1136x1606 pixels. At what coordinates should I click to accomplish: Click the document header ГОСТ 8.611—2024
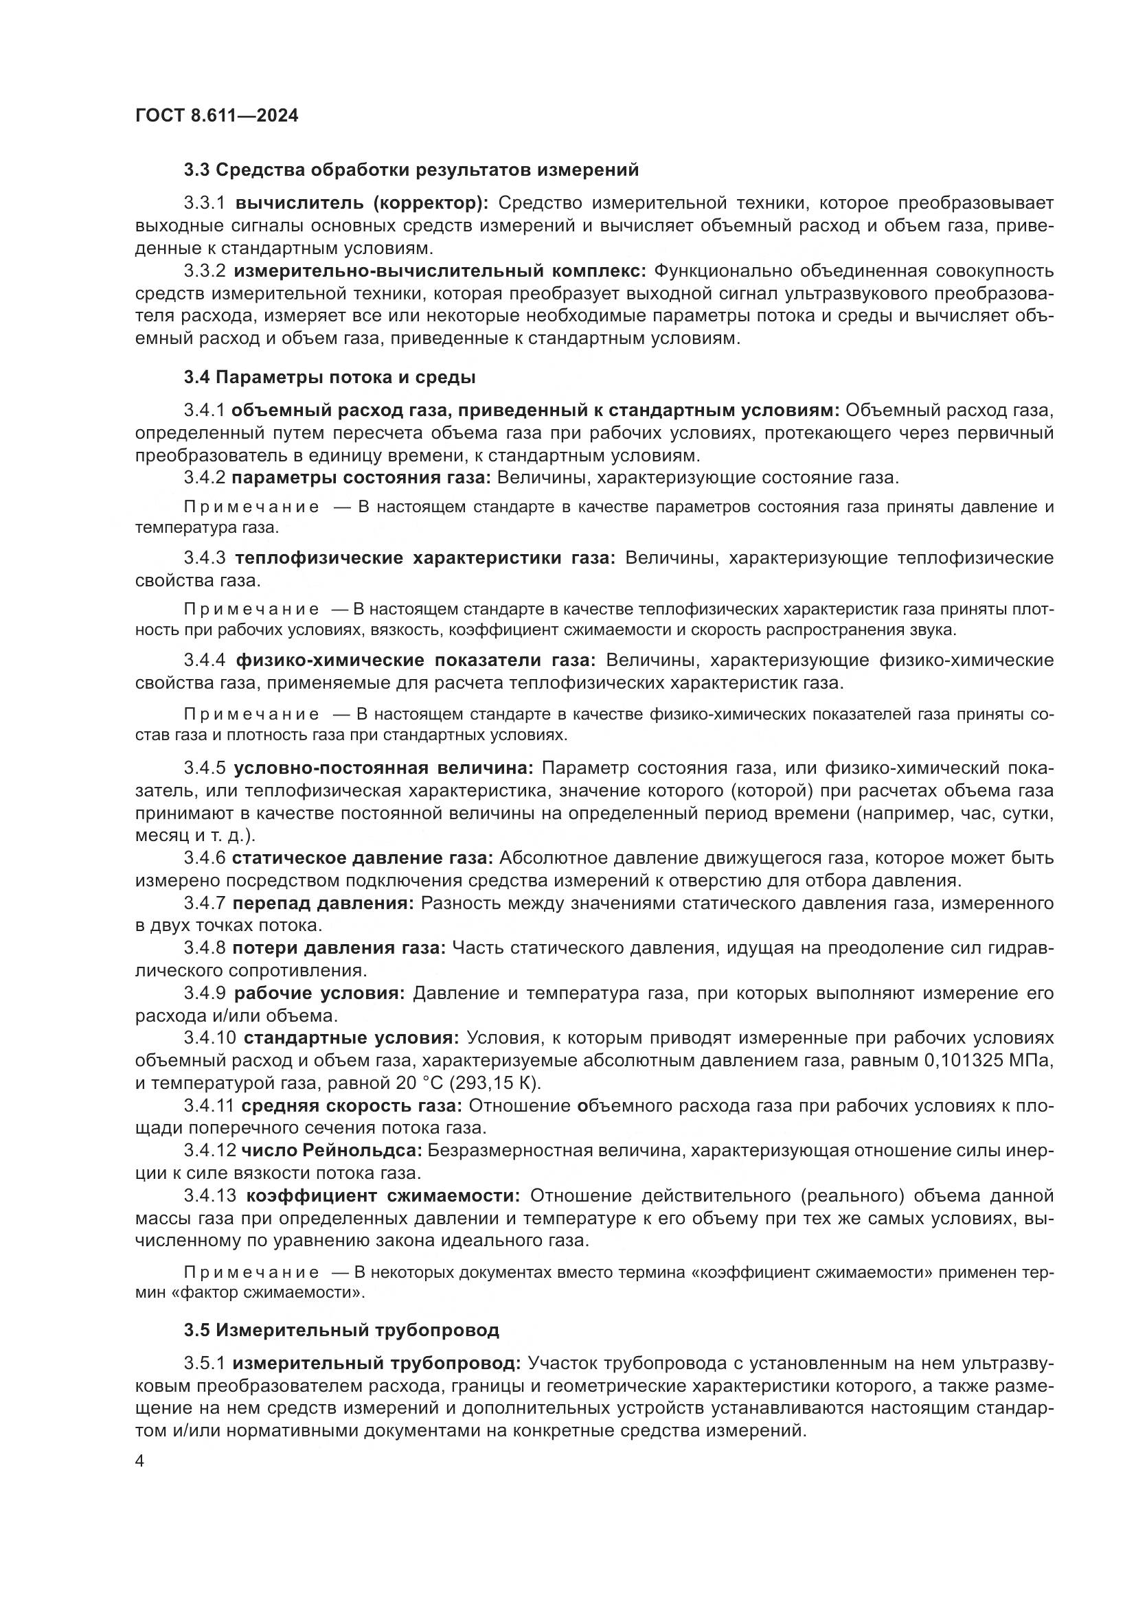(x=217, y=115)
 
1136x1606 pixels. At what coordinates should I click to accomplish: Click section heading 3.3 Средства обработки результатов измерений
(x=411, y=170)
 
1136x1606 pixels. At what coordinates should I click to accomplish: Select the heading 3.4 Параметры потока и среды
(x=330, y=378)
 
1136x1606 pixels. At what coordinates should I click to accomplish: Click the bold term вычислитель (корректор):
(x=362, y=203)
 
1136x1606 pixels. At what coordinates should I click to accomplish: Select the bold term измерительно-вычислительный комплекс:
(x=440, y=271)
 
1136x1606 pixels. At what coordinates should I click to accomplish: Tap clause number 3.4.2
(x=204, y=478)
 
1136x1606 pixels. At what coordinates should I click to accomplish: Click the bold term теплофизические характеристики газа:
(x=424, y=558)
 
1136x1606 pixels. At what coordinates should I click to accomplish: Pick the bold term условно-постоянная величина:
(x=383, y=768)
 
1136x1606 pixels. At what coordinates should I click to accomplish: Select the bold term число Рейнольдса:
(x=332, y=1150)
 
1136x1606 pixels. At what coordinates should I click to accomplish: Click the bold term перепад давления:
(x=323, y=903)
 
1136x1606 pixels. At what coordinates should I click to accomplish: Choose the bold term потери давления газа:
(x=339, y=948)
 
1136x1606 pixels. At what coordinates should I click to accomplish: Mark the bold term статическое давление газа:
(x=363, y=858)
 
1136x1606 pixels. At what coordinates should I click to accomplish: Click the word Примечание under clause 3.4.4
(x=251, y=714)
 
